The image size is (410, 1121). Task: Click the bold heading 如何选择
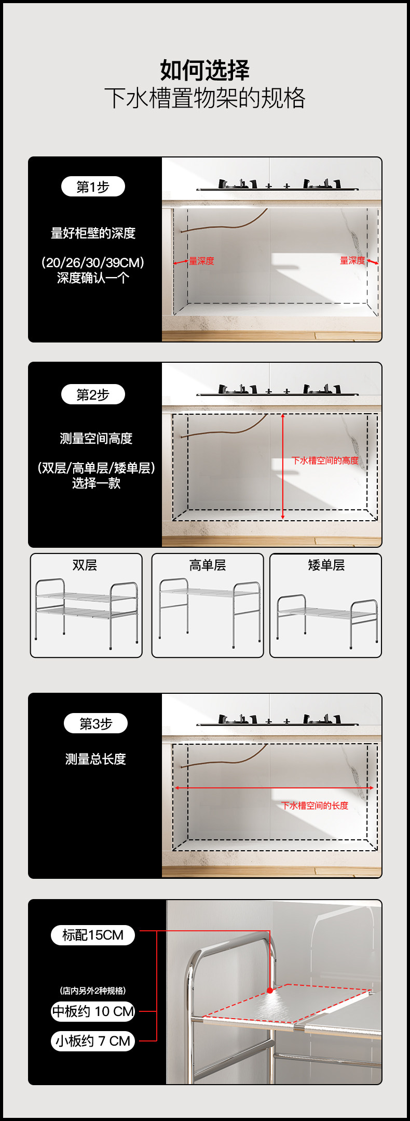204,70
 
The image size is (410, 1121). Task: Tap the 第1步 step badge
93,187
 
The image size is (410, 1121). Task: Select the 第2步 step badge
93,394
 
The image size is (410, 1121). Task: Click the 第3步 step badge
95,723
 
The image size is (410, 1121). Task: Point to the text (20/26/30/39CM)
93,262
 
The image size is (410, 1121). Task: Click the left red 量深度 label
201,261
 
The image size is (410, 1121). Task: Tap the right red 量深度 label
352,260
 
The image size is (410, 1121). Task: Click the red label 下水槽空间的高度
325,460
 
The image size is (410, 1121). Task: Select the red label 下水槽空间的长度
315,806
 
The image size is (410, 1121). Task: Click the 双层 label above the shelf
85,565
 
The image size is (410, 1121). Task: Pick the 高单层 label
207,565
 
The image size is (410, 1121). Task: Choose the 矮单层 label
326,565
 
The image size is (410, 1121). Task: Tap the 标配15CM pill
93,935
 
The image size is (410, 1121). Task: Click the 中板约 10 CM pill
93,1011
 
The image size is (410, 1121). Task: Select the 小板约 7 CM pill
93,1041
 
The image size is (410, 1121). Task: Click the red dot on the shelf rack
270,991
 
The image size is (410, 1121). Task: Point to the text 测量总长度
95,759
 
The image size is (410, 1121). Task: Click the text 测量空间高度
96,439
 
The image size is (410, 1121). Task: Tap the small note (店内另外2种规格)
93,991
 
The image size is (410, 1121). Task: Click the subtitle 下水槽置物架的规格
204,98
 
